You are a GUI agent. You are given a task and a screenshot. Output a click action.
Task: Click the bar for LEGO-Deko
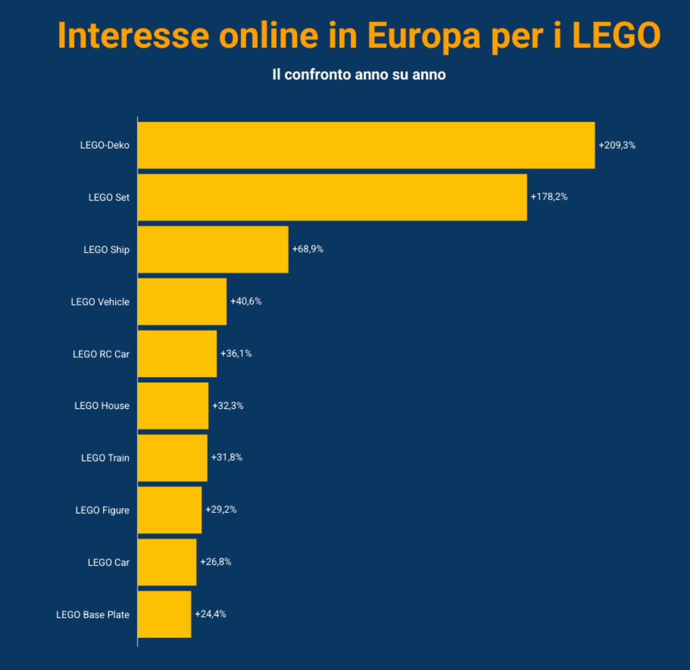coord(366,145)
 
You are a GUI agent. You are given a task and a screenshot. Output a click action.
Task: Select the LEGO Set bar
coord(332,197)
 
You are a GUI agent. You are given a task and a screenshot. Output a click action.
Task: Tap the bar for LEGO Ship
coord(213,249)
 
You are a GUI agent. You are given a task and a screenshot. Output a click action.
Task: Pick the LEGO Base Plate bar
coord(164,614)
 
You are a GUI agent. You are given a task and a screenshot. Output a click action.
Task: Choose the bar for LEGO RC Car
coord(177,354)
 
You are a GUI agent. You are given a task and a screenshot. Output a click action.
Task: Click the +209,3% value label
coord(617,145)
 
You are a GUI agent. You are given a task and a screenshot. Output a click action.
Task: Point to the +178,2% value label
coord(549,197)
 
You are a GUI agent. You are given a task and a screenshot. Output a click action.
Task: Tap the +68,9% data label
coord(307,249)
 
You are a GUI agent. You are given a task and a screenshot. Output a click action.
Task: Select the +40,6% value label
coord(246,301)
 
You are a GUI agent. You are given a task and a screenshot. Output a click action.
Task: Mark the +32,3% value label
coord(228,406)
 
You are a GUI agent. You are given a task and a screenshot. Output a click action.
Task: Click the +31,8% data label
coord(227,457)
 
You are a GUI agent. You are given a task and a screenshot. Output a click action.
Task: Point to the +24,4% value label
coord(210,614)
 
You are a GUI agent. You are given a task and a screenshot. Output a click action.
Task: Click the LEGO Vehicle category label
coord(100,302)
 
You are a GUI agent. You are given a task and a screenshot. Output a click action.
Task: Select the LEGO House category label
coord(102,406)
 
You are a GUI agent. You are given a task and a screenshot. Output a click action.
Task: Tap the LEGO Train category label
coord(105,458)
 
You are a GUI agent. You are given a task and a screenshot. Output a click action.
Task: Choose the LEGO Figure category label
coord(102,510)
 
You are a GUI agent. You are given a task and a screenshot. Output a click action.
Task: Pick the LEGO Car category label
coord(109,562)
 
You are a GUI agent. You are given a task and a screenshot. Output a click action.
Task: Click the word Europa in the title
coord(423,36)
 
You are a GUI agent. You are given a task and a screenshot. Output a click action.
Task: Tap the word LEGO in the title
coord(616,36)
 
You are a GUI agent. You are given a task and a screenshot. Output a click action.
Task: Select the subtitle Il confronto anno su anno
coord(359,75)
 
